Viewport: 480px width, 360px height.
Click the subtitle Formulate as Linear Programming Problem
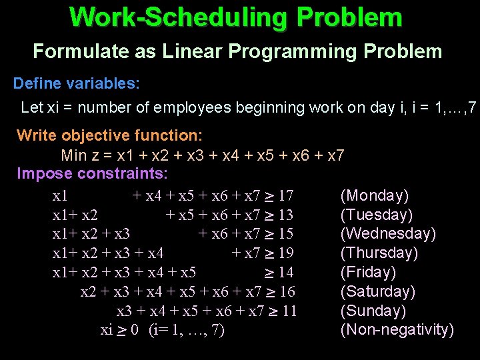pos(237,51)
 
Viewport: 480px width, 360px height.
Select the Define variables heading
pos(77,83)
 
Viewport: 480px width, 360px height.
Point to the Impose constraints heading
pos(93,174)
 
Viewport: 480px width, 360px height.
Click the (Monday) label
pos(375,195)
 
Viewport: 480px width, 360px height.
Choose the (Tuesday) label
pos(377,215)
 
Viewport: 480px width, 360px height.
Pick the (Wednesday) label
pos(388,233)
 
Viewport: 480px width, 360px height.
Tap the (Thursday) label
pos(379,253)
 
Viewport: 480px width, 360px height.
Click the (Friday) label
pos(368,272)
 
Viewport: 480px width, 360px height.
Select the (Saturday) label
pos(378,291)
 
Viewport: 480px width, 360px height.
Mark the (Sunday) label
pos(373,311)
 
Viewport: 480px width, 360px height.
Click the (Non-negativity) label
pos(397,329)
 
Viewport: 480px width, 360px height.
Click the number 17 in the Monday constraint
pos(286,196)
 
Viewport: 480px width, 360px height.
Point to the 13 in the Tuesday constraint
pos(285,215)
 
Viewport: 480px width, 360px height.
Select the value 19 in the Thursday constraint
pos(286,253)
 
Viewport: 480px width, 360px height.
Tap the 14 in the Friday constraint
pos(286,273)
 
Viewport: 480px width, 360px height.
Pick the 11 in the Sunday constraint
pos(289,311)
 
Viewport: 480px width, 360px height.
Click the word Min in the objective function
pos(74,155)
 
